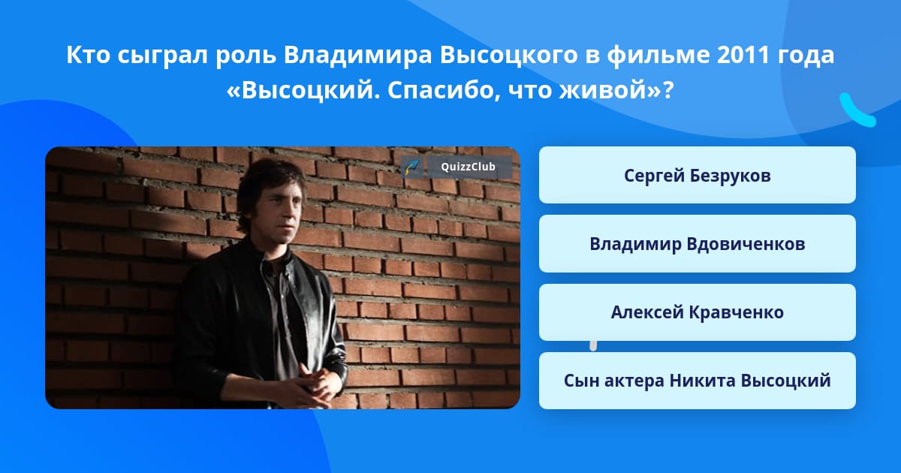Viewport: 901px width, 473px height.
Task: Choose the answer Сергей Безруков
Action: tap(697, 175)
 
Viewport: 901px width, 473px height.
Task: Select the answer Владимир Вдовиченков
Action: tap(697, 244)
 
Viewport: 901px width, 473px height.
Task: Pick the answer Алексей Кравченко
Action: tap(697, 312)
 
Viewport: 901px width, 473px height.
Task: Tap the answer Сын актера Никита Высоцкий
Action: tap(697, 381)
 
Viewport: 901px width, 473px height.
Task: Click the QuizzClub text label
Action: tap(468, 167)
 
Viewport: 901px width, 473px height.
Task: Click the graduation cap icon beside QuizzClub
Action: tap(412, 167)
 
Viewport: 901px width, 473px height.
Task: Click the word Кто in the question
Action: tap(89, 55)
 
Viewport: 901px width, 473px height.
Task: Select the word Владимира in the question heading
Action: tap(357, 55)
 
